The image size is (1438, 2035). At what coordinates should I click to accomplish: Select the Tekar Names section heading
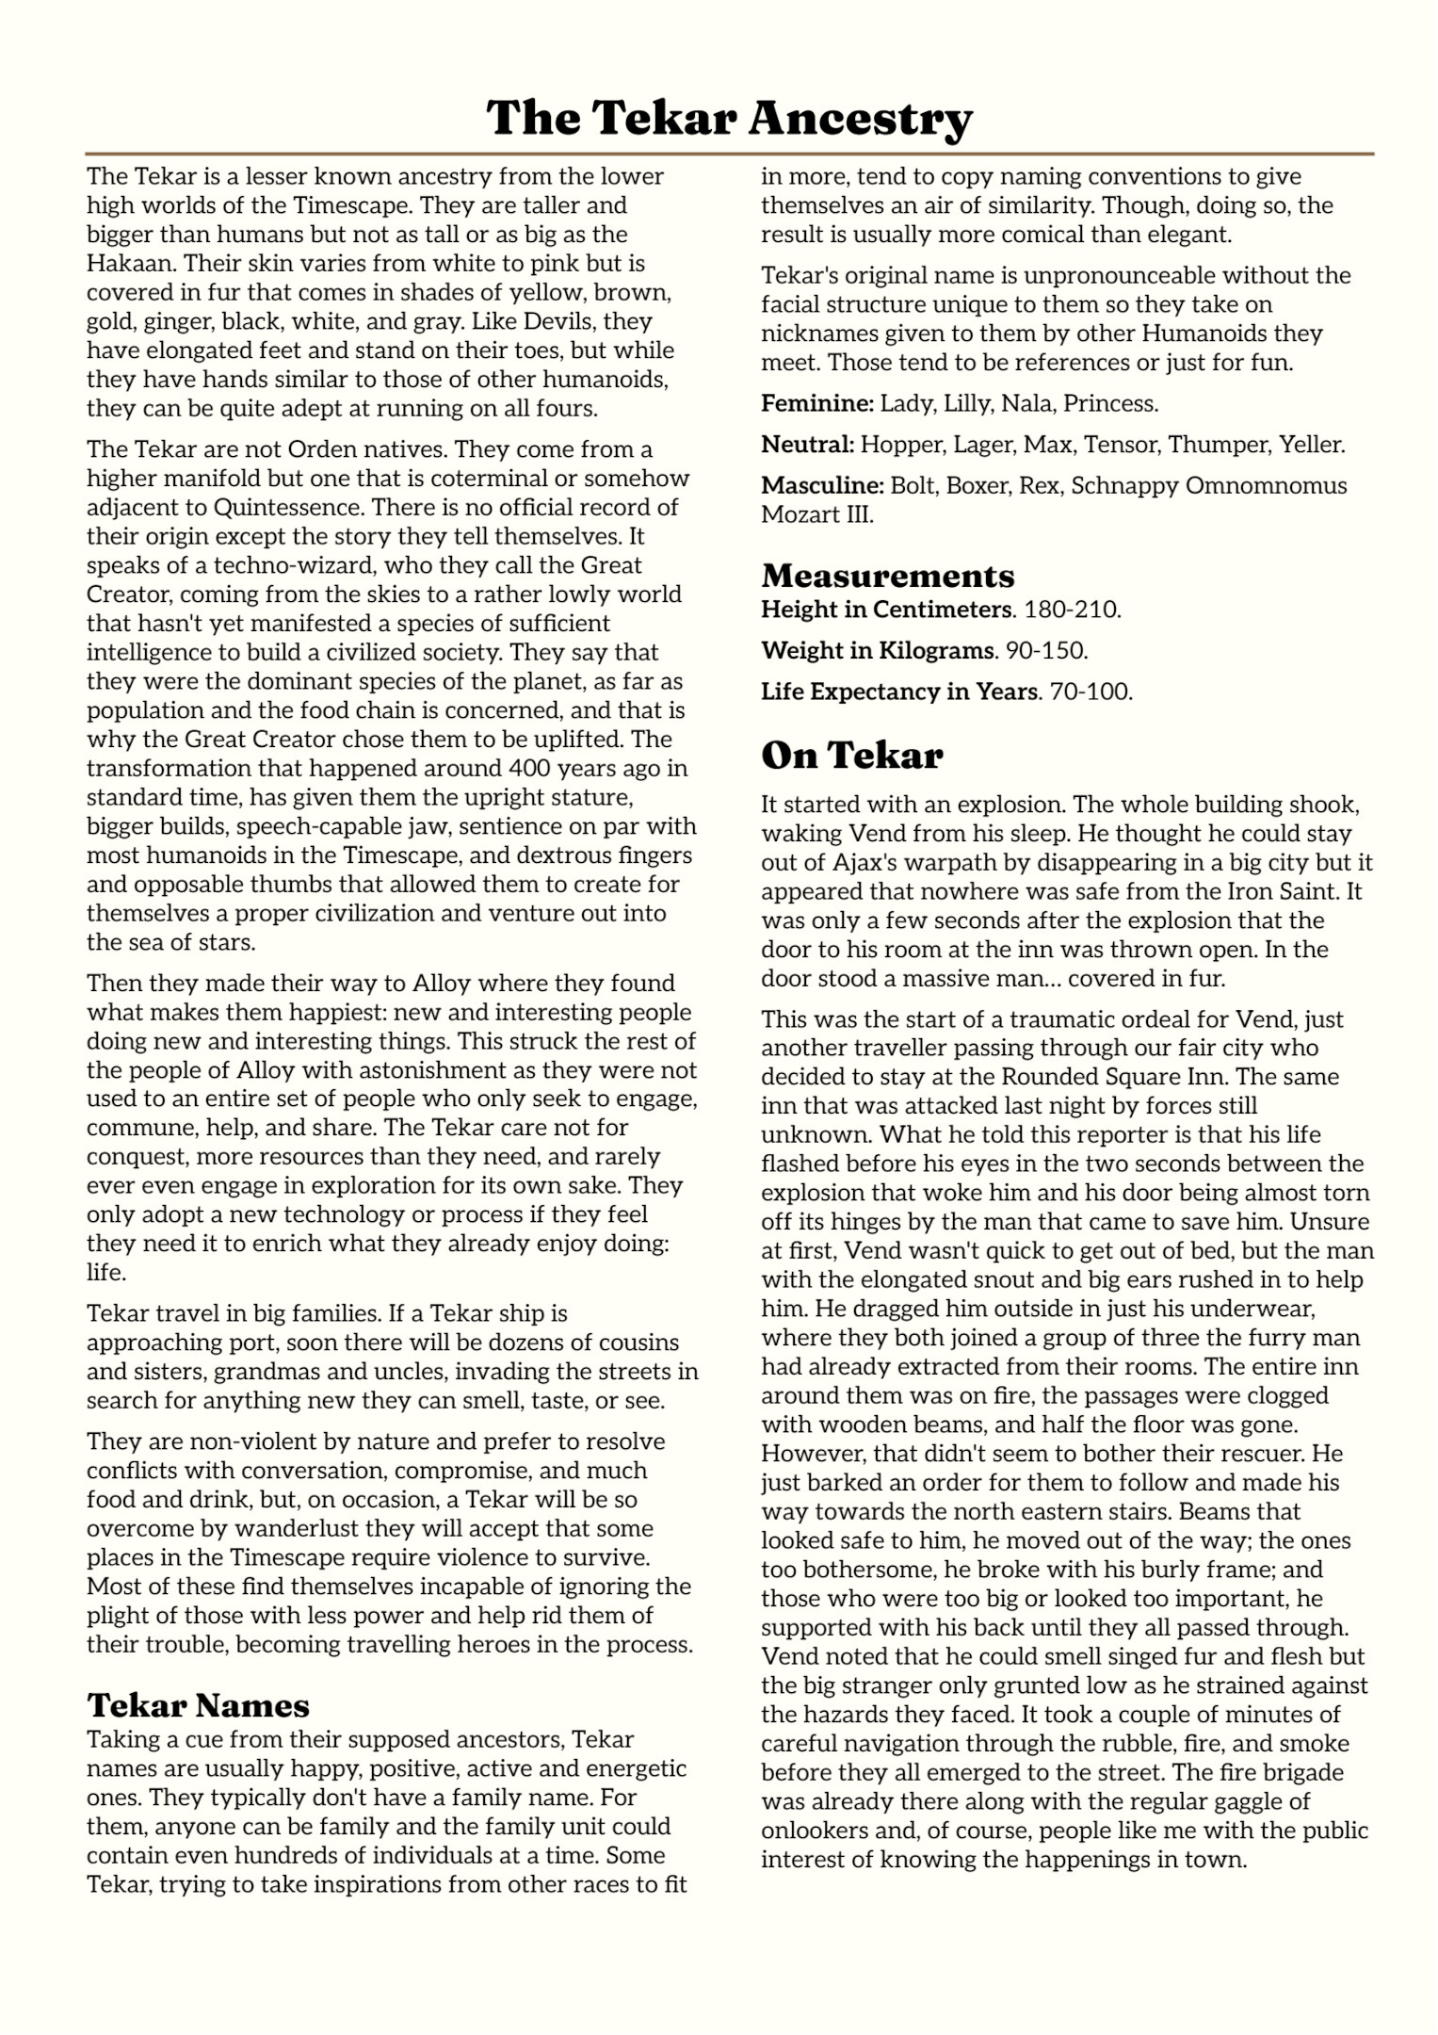point(198,1704)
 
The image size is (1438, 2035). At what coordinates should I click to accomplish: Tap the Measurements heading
point(887,575)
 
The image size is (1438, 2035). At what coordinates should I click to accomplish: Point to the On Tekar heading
point(851,755)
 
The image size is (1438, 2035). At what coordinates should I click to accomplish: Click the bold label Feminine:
point(817,403)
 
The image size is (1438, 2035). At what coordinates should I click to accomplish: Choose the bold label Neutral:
point(807,445)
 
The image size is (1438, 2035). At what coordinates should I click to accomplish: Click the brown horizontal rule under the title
point(729,153)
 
